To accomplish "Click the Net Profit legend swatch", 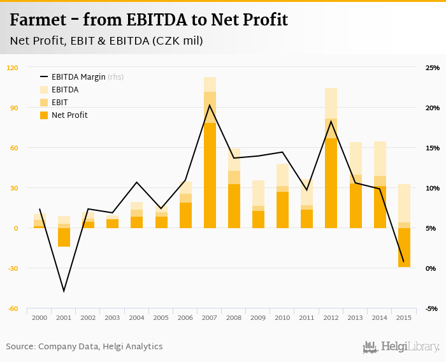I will (44, 115).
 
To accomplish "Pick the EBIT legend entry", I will (61, 103).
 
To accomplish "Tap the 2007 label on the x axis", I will (210, 317).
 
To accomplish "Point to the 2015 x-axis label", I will (403, 317).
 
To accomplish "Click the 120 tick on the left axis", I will (13, 68).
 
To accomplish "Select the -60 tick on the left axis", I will (13, 308).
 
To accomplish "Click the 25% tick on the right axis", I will (433, 68).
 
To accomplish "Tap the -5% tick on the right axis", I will (433, 308).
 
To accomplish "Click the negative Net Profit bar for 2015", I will (403, 247).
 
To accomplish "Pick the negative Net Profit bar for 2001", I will (64, 237).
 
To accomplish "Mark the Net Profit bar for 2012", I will (331, 183).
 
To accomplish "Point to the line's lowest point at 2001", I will (64, 291).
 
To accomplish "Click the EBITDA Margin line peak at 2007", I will (210, 105).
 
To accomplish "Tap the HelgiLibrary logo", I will (401, 347).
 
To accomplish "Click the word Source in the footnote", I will (20, 347).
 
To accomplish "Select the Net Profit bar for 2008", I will (234, 206).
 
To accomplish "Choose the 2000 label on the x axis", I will (40, 317).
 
